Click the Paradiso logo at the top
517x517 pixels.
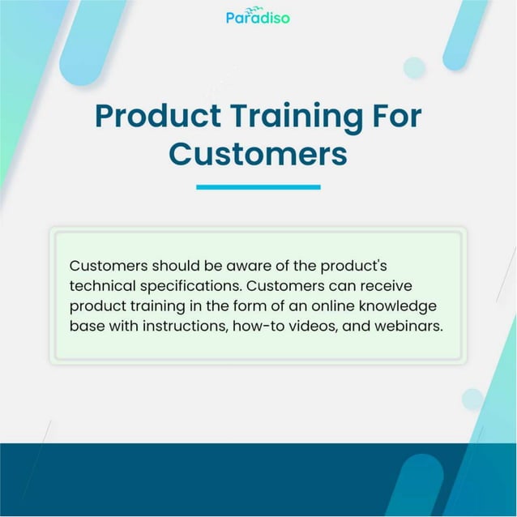pos(258,16)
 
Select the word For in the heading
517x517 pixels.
pos(395,116)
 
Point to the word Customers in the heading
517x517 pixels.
pos(258,153)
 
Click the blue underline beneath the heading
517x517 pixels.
pos(258,187)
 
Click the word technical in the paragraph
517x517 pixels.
pos(101,286)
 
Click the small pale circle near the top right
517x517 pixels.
pos(414,67)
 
